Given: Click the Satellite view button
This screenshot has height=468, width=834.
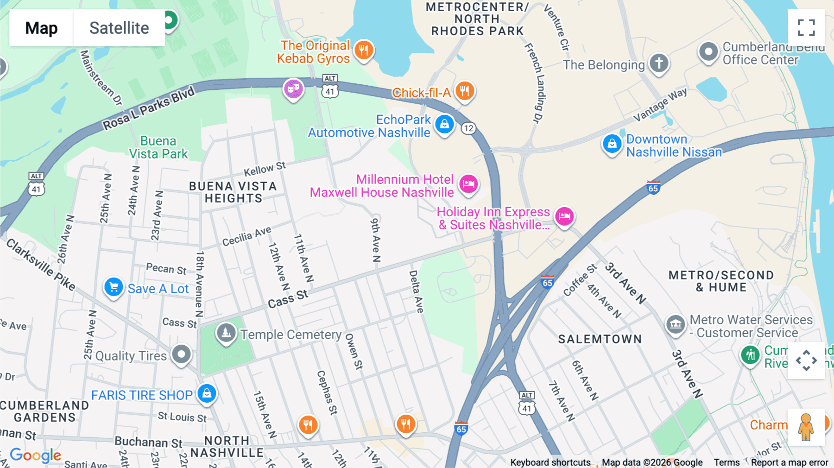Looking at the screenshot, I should (x=119, y=28).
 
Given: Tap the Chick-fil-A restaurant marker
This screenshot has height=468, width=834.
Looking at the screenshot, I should (x=465, y=91).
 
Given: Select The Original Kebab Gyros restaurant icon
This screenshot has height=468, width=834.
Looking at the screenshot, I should (x=364, y=50).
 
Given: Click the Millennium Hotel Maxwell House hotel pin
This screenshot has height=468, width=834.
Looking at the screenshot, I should (x=468, y=184).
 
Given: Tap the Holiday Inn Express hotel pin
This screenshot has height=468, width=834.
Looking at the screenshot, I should (x=564, y=216).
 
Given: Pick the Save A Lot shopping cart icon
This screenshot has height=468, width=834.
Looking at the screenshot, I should (x=114, y=287).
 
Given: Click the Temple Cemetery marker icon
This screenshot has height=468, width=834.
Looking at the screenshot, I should (x=226, y=333).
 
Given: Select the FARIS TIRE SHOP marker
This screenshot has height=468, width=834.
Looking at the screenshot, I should (x=207, y=393).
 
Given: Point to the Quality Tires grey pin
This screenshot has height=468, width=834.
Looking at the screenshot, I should (x=181, y=355).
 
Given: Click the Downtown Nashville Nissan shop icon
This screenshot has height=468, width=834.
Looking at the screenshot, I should (x=612, y=144).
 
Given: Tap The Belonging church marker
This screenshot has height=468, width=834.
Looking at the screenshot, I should (x=659, y=63).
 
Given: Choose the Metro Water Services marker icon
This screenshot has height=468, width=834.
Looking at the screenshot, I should (x=676, y=324).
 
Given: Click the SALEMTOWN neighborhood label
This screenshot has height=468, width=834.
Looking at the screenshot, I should (x=600, y=339).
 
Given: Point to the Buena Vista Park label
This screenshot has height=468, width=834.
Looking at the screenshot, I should (x=158, y=147).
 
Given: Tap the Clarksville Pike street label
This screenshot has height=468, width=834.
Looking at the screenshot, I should (x=41, y=265).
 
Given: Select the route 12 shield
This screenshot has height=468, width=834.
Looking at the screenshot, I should (x=468, y=128).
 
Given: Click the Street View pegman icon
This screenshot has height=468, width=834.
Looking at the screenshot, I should (x=806, y=427).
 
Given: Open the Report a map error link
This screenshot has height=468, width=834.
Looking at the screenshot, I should (x=789, y=462).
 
